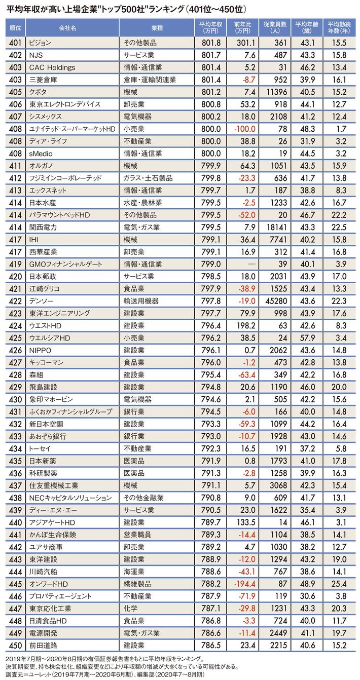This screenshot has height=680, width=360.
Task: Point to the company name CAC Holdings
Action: click(x=52, y=68)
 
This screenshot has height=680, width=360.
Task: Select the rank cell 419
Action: click(x=15, y=264)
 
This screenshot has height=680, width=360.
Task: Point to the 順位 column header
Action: click(x=15, y=27)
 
